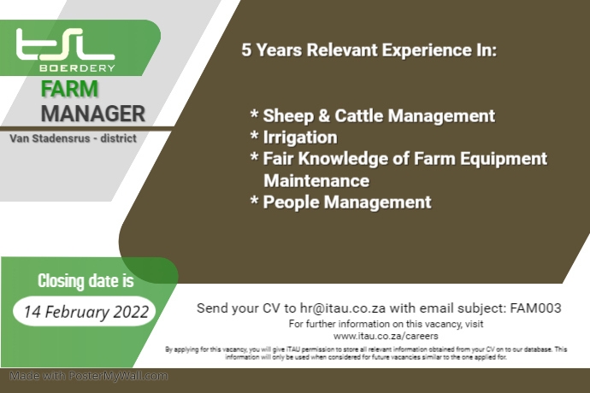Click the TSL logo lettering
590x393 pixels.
click(64, 44)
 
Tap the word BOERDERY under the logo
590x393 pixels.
click(77, 67)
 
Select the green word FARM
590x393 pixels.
click(69, 90)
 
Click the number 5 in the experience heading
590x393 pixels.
click(246, 50)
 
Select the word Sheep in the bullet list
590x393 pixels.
click(286, 115)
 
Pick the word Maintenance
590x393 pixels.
click(316, 181)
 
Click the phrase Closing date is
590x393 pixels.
click(86, 281)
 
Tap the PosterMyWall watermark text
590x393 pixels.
click(90, 376)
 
